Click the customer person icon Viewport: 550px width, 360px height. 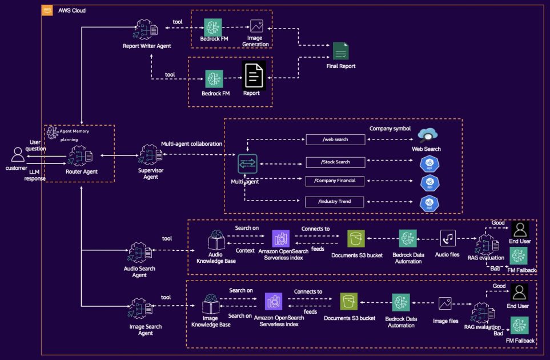[19, 154]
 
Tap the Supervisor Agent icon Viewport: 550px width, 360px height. [149, 154]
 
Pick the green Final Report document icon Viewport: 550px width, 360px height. [341, 51]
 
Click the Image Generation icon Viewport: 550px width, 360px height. [256, 26]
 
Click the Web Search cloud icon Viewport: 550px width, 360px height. [428, 135]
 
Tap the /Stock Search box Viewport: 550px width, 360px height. [335, 162]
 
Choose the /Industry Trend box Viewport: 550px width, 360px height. [335, 201]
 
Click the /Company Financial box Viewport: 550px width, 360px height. [335, 181]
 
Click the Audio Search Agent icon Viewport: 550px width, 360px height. [139, 251]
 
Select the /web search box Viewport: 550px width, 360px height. [335, 139]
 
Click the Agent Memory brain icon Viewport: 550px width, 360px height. [53, 132]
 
